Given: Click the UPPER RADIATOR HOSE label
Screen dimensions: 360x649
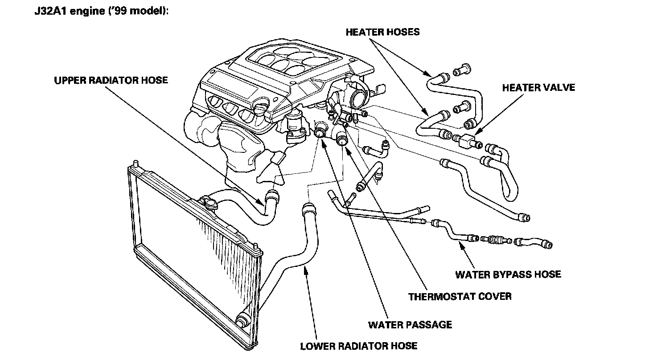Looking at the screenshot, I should (x=111, y=81).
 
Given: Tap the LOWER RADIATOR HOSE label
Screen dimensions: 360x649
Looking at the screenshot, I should (x=358, y=346).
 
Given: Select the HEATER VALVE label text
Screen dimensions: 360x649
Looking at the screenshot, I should (x=538, y=87).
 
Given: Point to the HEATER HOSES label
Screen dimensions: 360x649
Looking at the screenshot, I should (x=382, y=32).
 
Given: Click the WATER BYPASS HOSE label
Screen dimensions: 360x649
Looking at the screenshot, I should (x=508, y=274).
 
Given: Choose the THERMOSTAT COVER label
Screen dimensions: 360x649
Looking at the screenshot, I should (x=460, y=296).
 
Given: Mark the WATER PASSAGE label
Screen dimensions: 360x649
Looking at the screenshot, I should (x=410, y=324).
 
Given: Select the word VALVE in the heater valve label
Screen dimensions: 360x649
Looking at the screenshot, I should (x=558, y=87).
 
